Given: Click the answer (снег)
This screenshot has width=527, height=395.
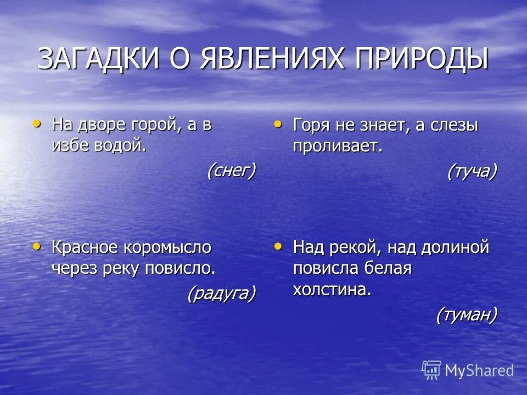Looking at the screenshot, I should tap(231, 171).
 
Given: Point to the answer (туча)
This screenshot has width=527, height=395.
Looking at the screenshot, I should tap(472, 172).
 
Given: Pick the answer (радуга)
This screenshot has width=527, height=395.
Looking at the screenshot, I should tap(221, 294).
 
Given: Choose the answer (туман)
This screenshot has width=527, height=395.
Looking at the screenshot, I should tap(467, 315).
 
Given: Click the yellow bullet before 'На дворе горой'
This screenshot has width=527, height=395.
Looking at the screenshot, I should tap(37, 123).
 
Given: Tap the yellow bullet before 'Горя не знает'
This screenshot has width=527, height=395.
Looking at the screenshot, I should tap(278, 125).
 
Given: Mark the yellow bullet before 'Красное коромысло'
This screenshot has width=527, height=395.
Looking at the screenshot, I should tap(37, 246).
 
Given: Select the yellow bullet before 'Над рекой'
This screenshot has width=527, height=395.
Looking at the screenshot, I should tap(278, 246).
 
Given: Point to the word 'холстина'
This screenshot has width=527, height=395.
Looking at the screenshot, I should tap(332, 290).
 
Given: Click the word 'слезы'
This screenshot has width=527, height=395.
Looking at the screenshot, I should tap(455, 126).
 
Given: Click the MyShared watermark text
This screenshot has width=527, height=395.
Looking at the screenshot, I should tap(479, 370).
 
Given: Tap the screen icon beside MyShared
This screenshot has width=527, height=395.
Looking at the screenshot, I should tap(431, 370).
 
